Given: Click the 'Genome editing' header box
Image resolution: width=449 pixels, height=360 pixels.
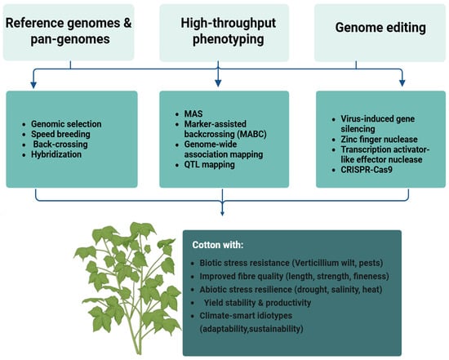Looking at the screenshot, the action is pos(380,33).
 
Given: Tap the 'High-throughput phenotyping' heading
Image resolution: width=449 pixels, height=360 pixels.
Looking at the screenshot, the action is pos(229,31).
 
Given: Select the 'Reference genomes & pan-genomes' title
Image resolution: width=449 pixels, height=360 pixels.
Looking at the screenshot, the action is pos(69,31).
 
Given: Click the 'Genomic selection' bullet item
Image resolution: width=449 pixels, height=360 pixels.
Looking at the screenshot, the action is pos(66,124).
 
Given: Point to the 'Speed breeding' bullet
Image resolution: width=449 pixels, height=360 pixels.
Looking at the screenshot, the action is pos(60,134).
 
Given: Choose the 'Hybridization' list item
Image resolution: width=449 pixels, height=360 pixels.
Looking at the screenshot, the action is pos(56,154).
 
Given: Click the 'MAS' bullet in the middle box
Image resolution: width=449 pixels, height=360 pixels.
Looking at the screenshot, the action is pos(193,113).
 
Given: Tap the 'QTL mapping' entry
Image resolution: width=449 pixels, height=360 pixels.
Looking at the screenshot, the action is pos(209,165).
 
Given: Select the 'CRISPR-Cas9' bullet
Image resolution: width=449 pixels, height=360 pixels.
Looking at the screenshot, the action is pos(367,170).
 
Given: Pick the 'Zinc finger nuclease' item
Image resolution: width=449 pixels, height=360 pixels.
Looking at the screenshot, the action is pos(379,140).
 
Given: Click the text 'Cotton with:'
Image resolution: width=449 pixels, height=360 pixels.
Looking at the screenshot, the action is pos(218,245).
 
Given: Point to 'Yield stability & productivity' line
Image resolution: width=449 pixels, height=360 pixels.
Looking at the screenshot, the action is pos(257,303).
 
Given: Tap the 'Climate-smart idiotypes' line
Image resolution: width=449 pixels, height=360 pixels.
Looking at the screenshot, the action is pos(246,316).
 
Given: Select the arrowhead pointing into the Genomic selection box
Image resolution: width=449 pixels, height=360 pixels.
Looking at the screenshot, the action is pos(33,85).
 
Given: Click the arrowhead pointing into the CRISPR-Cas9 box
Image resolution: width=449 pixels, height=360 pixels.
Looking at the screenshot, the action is pos(402,83).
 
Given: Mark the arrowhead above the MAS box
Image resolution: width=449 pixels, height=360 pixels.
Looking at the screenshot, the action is pos(218,83).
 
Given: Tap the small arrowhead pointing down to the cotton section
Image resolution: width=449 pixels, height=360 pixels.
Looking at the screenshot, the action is pos(222,213).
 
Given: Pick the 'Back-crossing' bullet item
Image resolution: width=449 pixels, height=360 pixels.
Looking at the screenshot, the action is pos(60,144).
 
